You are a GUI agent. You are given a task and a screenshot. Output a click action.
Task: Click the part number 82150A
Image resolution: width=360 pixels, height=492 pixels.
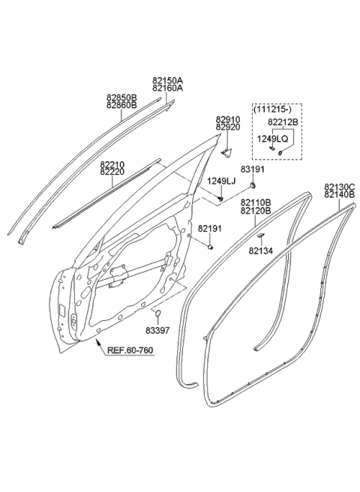(167, 79)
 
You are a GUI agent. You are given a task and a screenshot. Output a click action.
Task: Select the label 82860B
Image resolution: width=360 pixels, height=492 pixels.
(121, 105)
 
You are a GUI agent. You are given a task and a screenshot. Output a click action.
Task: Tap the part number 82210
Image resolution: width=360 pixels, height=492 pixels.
(112, 163)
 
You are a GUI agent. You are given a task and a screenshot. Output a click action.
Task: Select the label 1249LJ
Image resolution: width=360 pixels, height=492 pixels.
(221, 181)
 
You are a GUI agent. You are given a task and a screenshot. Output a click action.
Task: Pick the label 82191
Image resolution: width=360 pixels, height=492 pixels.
(209, 228)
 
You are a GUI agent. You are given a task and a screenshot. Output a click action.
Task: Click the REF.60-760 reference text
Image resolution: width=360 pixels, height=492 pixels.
(131, 350)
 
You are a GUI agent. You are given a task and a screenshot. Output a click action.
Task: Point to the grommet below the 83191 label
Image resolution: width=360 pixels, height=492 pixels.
(254, 184)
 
